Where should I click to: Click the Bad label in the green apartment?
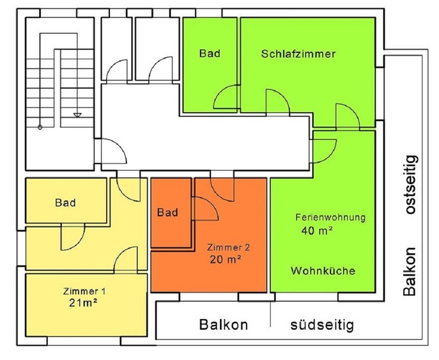(210, 54)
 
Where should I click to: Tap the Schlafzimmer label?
(298, 54)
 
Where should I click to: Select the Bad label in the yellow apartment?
(65, 203)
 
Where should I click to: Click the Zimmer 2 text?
(227, 247)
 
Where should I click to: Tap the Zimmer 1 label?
(84, 292)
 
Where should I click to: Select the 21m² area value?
(82, 303)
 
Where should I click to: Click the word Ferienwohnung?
(330, 217)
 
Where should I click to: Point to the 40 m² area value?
(316, 231)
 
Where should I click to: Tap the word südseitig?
(321, 325)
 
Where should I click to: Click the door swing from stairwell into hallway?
(112, 152)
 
